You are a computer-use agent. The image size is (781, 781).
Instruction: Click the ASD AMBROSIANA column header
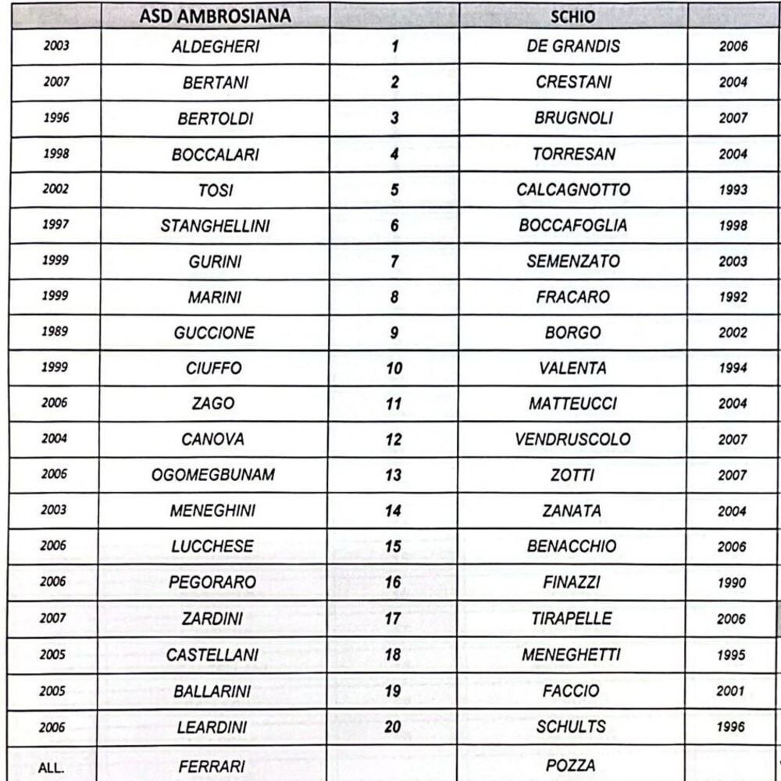point(214,16)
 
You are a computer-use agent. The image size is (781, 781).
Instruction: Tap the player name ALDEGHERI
point(215,47)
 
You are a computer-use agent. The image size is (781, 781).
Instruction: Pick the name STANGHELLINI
point(215,226)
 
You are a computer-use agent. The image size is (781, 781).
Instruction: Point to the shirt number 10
point(394,369)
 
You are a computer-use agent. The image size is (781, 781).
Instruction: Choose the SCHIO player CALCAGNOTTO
point(573,190)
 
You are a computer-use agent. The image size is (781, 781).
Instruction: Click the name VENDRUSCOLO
point(572,440)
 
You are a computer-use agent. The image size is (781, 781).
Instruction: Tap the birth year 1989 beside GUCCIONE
point(55,332)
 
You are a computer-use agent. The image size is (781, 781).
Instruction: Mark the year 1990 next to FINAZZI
point(733,583)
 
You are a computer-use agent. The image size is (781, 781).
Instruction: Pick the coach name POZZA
point(571,766)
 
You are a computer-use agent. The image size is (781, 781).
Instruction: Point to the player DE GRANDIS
point(573,46)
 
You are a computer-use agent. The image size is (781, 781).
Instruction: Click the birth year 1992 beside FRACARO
point(733,297)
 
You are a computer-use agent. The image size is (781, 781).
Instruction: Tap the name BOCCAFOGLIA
point(572,226)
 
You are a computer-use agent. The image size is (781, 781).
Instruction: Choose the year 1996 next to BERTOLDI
point(55,118)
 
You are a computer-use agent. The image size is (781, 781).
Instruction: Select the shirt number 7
point(394,262)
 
